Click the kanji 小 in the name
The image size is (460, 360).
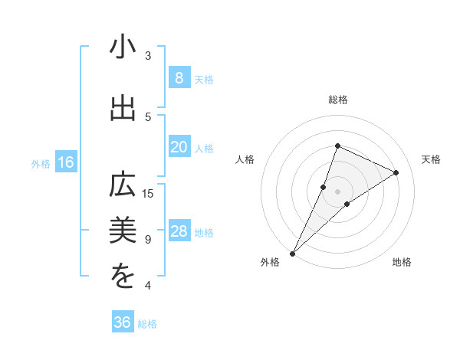pyautogui.click(x=123, y=47)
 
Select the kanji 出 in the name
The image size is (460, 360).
pyautogui.click(x=123, y=108)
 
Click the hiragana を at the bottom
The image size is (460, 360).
pyautogui.click(x=123, y=277)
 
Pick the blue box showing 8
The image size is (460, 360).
pyautogui.click(x=179, y=78)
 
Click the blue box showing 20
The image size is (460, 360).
pyautogui.click(x=179, y=147)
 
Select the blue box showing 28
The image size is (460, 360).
pyautogui.click(x=179, y=232)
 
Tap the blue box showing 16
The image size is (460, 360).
pyautogui.click(x=66, y=162)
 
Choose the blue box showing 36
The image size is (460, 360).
pyautogui.click(x=123, y=322)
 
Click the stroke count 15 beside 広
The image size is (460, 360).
pyautogui.click(x=149, y=193)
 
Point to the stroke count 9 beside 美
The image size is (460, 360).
pyautogui.click(x=148, y=239)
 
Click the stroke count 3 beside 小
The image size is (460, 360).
pyautogui.click(x=148, y=55)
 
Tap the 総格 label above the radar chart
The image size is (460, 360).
pyautogui.click(x=338, y=100)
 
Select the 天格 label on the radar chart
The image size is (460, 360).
pyautogui.click(x=432, y=159)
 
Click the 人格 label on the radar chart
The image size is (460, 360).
pyautogui.click(x=245, y=159)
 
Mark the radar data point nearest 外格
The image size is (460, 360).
pyautogui.click(x=293, y=253)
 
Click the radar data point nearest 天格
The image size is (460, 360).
pyautogui.click(x=396, y=172)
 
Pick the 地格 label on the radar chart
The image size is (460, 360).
pyautogui.click(x=402, y=262)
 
